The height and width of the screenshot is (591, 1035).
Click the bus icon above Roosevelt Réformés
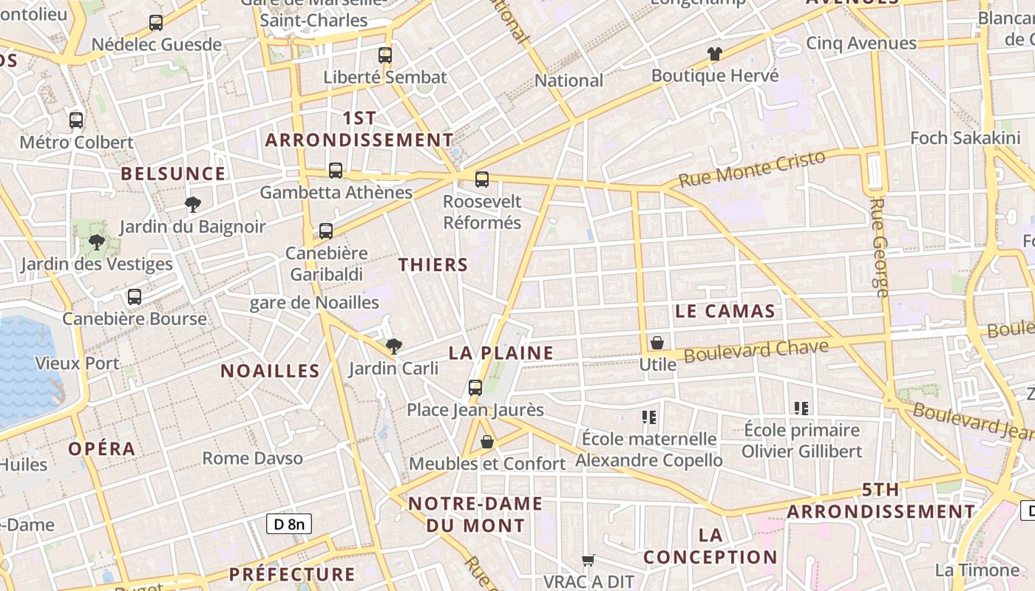coord(482,179)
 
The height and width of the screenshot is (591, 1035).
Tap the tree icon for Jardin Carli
coord(394,345)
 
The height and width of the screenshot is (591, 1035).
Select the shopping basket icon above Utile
coord(656,343)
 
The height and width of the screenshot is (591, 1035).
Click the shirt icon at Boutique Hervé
coord(714,53)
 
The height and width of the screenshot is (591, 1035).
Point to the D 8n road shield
coord(289,525)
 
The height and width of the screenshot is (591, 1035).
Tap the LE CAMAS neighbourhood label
coord(724,311)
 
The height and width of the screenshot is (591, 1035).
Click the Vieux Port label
coord(78,363)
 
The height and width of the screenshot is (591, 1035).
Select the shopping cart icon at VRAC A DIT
coord(588,560)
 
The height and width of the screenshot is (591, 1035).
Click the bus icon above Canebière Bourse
coord(134,297)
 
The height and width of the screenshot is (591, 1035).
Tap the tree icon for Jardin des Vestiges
coord(96,242)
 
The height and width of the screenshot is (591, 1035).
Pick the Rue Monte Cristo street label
coord(751,169)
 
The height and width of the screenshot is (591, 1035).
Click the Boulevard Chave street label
coord(756,351)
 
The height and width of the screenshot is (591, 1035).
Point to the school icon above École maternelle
coord(649,417)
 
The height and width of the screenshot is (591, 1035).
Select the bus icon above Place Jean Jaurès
coord(475,387)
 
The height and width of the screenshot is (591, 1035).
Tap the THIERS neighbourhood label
coord(433,264)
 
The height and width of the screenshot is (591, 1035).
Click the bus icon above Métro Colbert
coord(76,120)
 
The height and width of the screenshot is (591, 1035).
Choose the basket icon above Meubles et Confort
coord(487,442)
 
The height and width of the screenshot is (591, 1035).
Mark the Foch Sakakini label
coord(966,138)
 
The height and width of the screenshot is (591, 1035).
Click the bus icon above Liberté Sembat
coord(384,55)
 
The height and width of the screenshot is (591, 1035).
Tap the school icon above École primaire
coord(801,408)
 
